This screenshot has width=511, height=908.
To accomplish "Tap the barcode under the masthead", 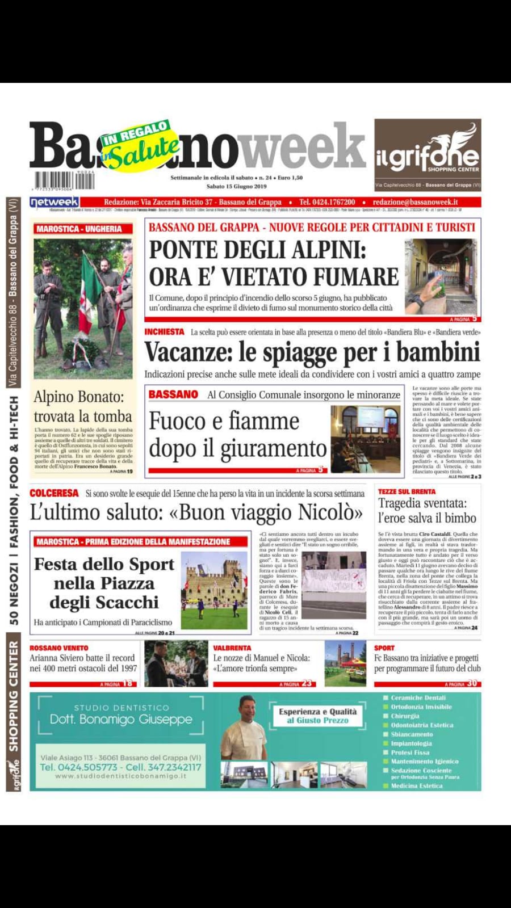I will (x=62, y=180).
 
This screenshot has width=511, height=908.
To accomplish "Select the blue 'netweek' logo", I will (x=54, y=203).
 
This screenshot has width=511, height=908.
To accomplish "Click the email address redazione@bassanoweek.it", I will (x=415, y=202).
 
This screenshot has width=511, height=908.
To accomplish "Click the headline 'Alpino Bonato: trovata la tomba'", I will (x=83, y=406).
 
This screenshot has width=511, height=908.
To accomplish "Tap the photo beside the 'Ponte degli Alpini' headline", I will (x=441, y=276).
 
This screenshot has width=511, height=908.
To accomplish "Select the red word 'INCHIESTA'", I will (x=164, y=332).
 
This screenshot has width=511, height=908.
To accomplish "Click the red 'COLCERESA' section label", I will (x=54, y=493).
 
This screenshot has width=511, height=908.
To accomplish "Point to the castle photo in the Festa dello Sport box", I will (x=214, y=590).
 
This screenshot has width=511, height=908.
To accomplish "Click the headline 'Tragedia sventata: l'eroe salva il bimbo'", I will (x=427, y=510).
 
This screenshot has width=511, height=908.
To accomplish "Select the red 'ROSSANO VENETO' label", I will (x=59, y=648).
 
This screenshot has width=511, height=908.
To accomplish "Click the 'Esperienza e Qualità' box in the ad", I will (x=317, y=716).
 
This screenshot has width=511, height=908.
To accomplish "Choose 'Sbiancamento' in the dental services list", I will (x=412, y=734).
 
